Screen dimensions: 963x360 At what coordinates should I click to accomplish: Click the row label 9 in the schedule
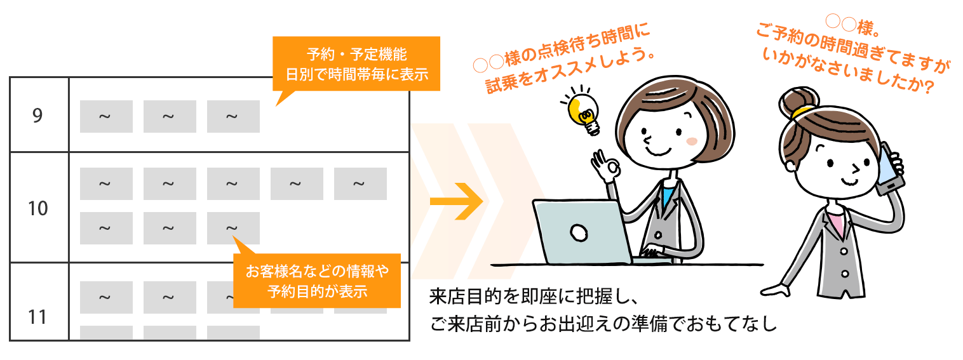point(38,115)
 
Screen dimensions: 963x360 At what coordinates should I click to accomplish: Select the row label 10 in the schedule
point(38,208)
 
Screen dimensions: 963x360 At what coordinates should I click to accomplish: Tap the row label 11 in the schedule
point(37,317)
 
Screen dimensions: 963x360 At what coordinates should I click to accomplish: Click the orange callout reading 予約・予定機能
point(356,63)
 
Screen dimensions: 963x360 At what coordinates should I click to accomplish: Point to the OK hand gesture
point(605,167)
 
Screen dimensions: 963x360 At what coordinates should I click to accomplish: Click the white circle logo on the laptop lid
point(579,233)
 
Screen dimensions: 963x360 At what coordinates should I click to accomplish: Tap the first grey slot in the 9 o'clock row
point(106,116)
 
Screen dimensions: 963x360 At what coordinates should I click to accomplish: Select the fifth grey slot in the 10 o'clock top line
point(360,184)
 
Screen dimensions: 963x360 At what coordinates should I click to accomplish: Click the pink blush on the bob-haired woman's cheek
point(692,142)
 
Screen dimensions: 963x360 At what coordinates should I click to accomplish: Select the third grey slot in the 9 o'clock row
point(233,116)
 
